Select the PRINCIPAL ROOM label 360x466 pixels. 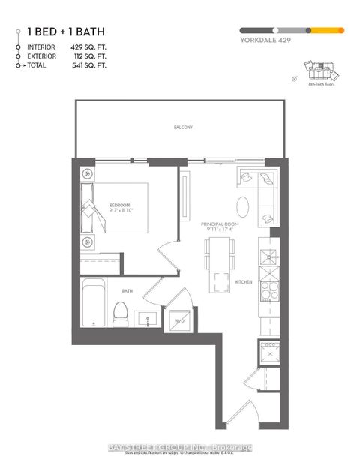(218, 224)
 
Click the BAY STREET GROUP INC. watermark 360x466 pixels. (179, 448)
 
